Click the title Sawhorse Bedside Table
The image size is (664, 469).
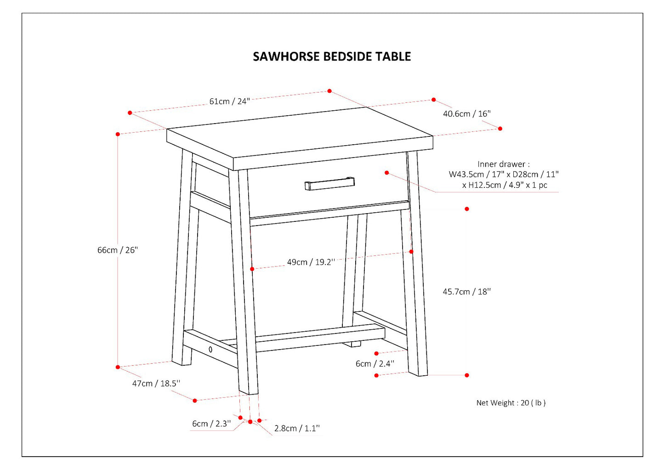[x=332, y=57]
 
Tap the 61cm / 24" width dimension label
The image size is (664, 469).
[x=229, y=101]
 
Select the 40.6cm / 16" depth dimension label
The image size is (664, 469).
[x=466, y=113]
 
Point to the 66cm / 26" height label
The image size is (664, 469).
[x=117, y=250]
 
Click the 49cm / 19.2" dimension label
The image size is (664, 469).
[x=311, y=262]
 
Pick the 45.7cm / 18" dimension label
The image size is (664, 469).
[x=466, y=291]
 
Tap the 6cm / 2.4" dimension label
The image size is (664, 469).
[x=375, y=363]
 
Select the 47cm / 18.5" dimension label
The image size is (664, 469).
[x=156, y=383]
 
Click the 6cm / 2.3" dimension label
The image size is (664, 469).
[x=211, y=424]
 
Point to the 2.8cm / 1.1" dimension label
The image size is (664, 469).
[x=297, y=428]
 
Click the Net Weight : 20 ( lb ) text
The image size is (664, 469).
[x=511, y=403]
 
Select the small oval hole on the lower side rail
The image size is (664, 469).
[x=210, y=350]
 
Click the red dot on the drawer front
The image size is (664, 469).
[x=387, y=173]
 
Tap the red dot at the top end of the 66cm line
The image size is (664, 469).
[x=118, y=134]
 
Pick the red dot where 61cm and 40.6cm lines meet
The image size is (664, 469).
[x=329, y=91]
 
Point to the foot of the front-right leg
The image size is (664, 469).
[x=419, y=373]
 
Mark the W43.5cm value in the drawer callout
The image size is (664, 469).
[x=466, y=175]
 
